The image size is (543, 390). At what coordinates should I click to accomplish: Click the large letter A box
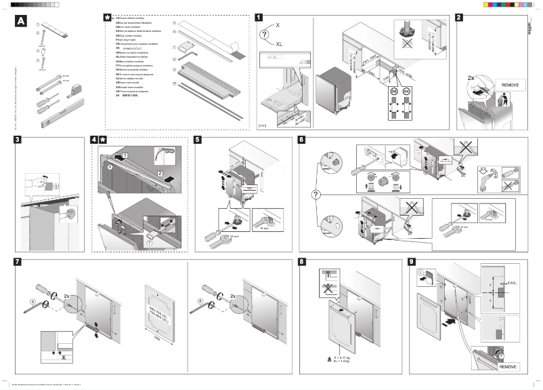coord(21,22)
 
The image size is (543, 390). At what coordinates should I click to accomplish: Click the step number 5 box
coord(196,140)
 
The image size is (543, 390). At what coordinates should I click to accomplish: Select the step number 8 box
coord(303,262)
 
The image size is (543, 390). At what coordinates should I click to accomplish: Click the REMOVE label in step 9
coord(508,366)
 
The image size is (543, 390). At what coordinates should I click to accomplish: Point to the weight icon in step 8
coord(328,357)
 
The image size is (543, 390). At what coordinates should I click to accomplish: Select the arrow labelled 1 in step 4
coord(125,155)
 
